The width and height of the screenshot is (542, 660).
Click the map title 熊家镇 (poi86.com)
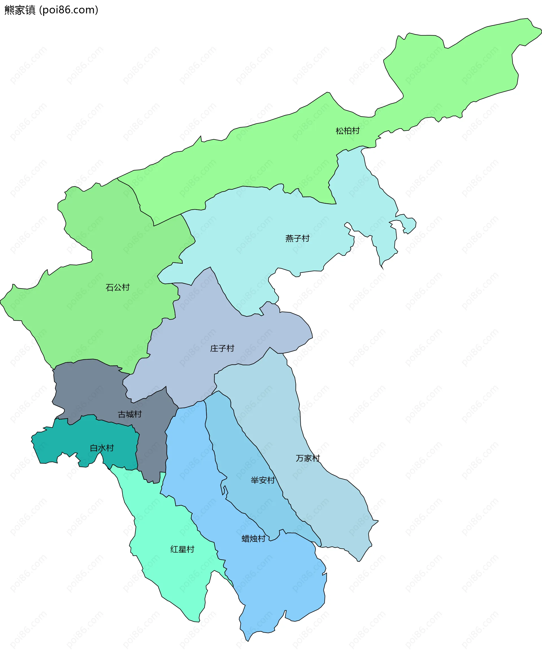click(x=51, y=10)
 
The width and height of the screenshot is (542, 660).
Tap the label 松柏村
click(x=348, y=131)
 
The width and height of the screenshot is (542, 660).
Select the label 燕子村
click(x=297, y=239)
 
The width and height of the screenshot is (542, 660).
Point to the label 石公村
click(x=117, y=288)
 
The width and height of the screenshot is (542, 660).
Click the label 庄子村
click(x=222, y=348)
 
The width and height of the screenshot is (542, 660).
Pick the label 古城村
click(x=130, y=414)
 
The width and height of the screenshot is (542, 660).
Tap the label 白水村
click(x=102, y=448)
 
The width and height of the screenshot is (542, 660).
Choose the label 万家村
click(x=308, y=458)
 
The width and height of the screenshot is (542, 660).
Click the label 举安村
click(x=263, y=480)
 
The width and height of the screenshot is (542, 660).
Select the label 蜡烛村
click(x=253, y=539)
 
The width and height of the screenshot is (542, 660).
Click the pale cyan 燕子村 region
click(x=250, y=225)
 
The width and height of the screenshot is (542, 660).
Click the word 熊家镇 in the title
click(x=20, y=10)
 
